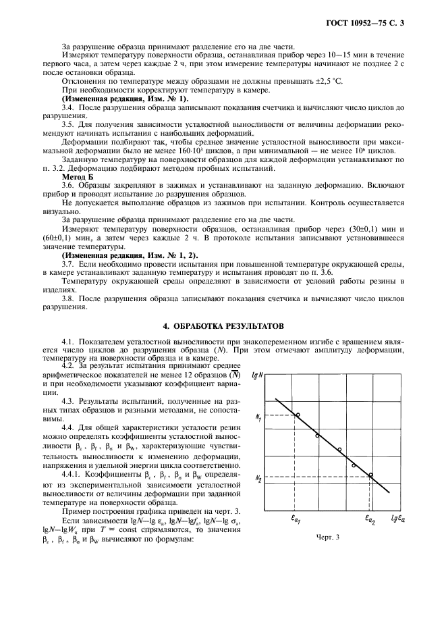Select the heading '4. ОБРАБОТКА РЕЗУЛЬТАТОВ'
pyautogui.click(x=223, y=325)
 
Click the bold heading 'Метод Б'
pyautogui.click(x=76, y=175)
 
